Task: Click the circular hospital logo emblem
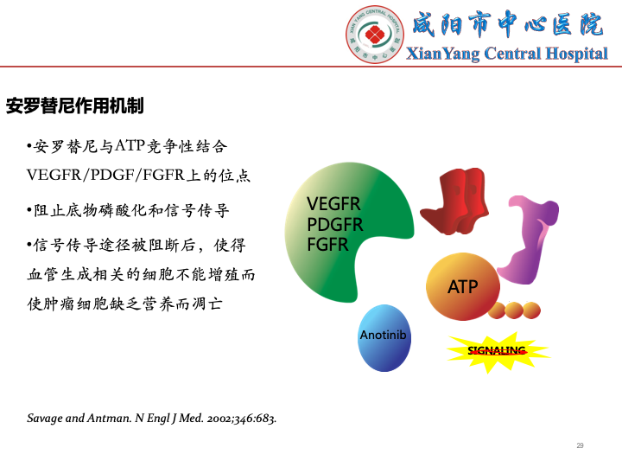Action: [375, 35]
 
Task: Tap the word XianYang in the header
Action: [442, 54]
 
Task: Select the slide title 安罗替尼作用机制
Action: [74, 106]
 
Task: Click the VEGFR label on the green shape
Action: [333, 204]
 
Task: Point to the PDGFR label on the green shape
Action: [335, 224]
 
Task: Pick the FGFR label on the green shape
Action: [327, 245]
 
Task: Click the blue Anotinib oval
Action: [384, 338]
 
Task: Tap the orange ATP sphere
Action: [462, 286]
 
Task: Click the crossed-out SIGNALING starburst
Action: [498, 352]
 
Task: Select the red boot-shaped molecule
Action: [455, 201]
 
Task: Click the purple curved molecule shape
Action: [528, 240]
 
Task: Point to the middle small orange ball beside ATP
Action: [514, 310]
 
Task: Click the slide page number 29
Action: [580, 445]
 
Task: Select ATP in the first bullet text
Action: [130, 146]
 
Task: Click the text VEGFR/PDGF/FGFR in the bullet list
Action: [105, 175]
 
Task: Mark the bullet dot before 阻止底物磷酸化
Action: [29, 209]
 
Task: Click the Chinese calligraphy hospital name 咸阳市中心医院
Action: [509, 24]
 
